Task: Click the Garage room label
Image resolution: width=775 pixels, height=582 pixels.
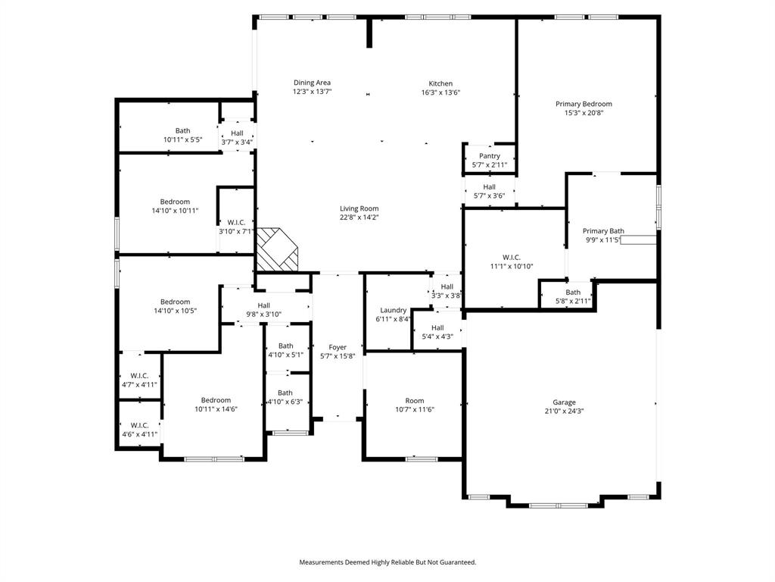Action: (564, 402)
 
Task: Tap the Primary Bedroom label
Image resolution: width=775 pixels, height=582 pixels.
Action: (584, 104)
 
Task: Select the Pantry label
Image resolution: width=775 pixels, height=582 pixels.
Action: (489, 156)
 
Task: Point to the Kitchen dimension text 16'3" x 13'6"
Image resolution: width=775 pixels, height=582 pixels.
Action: (440, 92)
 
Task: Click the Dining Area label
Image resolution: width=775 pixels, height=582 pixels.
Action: (312, 83)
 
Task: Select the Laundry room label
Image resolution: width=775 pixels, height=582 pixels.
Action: (393, 310)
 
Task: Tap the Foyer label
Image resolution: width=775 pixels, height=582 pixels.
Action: (338, 347)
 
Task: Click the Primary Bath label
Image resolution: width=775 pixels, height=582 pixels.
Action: (603, 231)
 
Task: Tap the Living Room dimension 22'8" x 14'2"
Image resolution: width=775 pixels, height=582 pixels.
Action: (359, 217)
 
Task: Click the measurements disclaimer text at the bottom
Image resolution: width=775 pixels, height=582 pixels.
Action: (387, 562)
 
